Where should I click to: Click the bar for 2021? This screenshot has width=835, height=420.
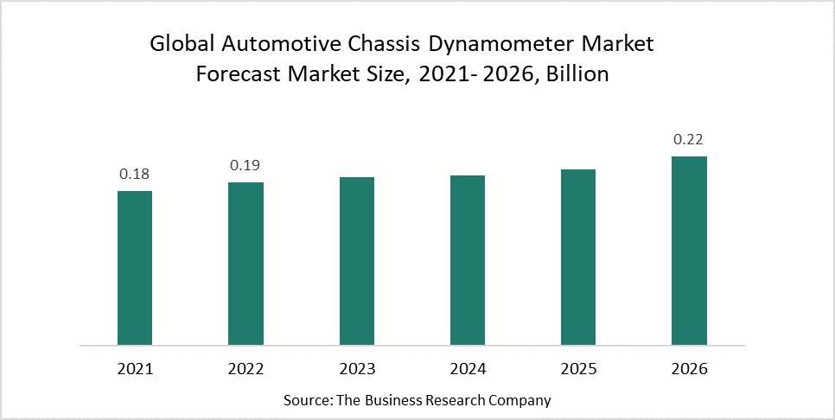click(135, 268)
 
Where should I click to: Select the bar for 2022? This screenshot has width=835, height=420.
click(245, 264)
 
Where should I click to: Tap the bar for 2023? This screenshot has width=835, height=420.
click(356, 261)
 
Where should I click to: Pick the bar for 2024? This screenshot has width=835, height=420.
click(468, 260)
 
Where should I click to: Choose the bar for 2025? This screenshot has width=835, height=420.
click(578, 257)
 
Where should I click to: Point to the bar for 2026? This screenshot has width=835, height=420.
click(689, 251)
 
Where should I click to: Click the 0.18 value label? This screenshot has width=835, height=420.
click(135, 174)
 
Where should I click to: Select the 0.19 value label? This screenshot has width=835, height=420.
click(245, 165)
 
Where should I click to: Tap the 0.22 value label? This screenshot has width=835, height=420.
click(689, 139)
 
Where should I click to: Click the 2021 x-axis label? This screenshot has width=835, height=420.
click(135, 369)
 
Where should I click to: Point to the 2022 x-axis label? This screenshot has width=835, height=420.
click(245, 369)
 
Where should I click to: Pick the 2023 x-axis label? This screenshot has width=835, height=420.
click(356, 369)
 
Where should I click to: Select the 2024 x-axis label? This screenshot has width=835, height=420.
click(468, 369)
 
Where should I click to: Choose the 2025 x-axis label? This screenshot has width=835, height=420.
click(578, 369)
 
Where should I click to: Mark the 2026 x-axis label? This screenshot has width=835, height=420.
click(689, 369)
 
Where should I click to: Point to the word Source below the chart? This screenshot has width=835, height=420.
click(307, 401)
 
